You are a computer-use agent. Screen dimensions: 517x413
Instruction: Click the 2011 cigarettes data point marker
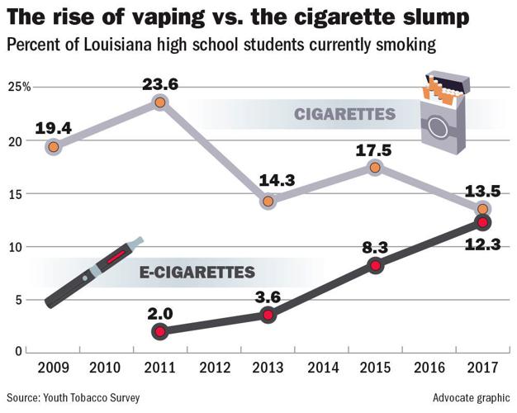(x=160, y=102)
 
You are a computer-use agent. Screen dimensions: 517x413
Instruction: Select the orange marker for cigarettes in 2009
(x=54, y=147)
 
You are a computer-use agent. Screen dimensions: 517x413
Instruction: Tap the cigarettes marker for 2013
(x=268, y=202)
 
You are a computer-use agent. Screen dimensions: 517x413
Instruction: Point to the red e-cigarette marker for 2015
(x=375, y=266)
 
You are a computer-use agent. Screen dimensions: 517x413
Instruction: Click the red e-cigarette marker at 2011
(x=160, y=331)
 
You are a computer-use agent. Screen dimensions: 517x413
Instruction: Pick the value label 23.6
(x=160, y=84)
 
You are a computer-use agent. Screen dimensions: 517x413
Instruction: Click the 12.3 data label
(x=482, y=245)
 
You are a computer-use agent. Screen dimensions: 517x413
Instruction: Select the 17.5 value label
(x=374, y=151)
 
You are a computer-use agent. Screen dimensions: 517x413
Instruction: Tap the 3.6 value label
(x=268, y=297)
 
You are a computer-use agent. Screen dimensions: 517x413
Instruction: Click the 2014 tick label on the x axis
(x=323, y=368)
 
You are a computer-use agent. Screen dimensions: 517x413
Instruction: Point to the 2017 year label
(x=482, y=368)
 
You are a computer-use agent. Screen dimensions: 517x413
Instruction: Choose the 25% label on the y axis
(x=20, y=87)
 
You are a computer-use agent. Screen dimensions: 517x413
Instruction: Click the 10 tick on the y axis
(x=15, y=247)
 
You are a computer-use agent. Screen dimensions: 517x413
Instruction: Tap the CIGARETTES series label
(x=345, y=114)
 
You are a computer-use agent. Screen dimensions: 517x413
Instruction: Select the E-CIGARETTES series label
(x=197, y=273)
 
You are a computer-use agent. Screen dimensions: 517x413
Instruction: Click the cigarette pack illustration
(x=445, y=114)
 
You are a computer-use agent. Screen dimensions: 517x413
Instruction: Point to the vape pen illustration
(x=94, y=273)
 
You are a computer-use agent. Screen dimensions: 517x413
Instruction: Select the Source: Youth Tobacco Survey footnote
(x=74, y=397)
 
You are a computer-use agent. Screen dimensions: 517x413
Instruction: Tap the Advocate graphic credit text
(x=472, y=397)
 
